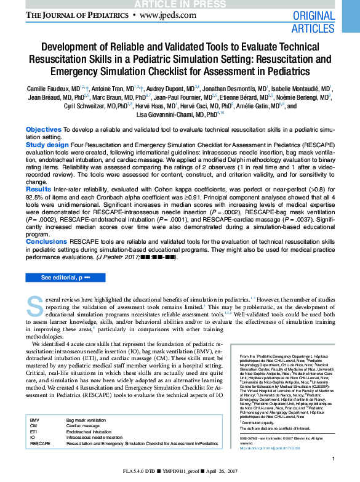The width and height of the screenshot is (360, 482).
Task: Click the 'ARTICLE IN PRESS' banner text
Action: click(180, 4)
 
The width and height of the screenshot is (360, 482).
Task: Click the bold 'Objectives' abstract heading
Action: click(43, 130)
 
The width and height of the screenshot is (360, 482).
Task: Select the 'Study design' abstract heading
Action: click(47, 145)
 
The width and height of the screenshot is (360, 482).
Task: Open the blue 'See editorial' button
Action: click(65, 278)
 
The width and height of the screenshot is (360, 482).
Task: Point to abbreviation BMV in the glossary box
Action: click(34, 419)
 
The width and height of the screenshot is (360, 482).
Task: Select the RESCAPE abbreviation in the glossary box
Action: click(40, 443)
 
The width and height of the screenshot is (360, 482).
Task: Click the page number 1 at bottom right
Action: click(333, 459)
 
